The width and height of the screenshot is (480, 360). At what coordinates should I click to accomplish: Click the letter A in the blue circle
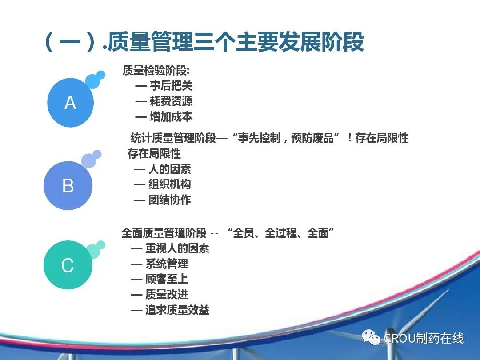(x=70, y=103)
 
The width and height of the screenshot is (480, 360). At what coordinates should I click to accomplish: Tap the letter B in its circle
(x=68, y=186)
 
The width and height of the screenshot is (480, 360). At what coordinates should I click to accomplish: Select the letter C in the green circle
(x=68, y=265)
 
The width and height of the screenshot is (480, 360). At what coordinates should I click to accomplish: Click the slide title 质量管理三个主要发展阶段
(x=236, y=42)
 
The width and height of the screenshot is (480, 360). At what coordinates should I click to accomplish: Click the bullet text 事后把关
(x=171, y=86)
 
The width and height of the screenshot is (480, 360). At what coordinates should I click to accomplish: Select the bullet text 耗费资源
(x=171, y=101)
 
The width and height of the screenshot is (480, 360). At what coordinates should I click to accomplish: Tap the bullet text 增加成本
(x=171, y=116)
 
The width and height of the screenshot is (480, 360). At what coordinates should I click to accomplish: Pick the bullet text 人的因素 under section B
(x=170, y=169)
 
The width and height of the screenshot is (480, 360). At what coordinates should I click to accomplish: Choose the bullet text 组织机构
(x=170, y=184)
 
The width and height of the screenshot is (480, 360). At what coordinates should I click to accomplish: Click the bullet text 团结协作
(x=170, y=200)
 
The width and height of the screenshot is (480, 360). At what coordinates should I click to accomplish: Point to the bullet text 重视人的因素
(x=177, y=248)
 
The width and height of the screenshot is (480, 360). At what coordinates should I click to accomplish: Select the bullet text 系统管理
(x=167, y=264)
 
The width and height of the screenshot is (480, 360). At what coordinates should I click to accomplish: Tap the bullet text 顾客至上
(x=167, y=279)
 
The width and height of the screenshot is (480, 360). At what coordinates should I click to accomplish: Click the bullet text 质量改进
(x=167, y=295)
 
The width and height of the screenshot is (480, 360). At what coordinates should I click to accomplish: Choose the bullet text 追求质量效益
(x=177, y=310)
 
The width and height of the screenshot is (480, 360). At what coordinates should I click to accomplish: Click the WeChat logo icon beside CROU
(x=371, y=337)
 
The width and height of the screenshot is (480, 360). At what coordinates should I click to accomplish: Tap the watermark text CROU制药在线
(x=424, y=338)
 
